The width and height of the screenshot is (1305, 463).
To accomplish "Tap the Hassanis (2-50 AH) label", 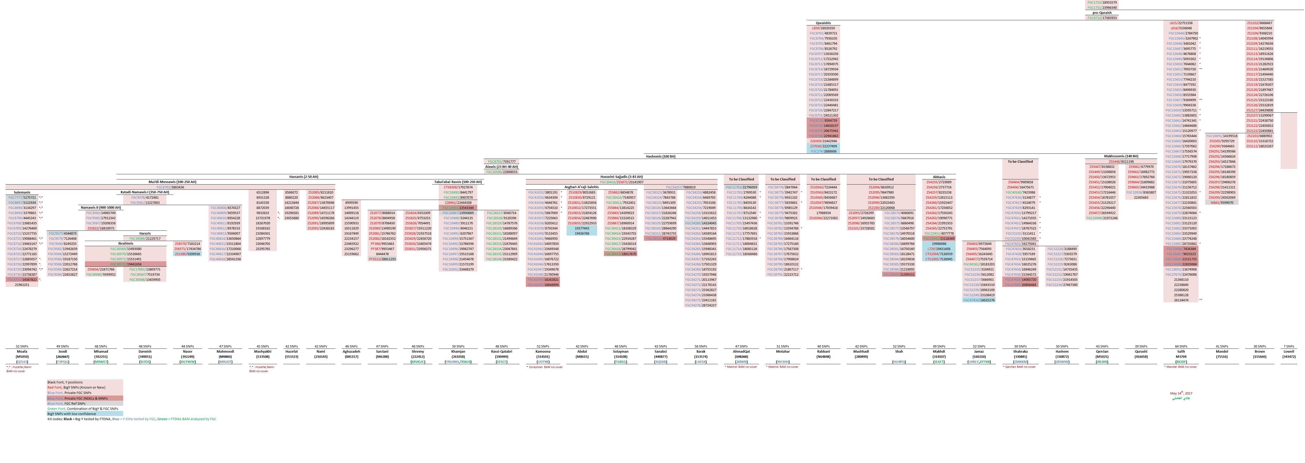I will pos(303,177).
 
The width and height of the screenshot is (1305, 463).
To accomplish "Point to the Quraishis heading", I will pos(823,23).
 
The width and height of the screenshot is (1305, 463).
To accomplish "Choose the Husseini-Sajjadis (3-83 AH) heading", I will pos(621,177).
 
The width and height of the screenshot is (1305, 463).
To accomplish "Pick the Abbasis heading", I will pos(939,177).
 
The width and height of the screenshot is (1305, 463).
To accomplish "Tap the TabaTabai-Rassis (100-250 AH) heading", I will pos(458,182).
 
